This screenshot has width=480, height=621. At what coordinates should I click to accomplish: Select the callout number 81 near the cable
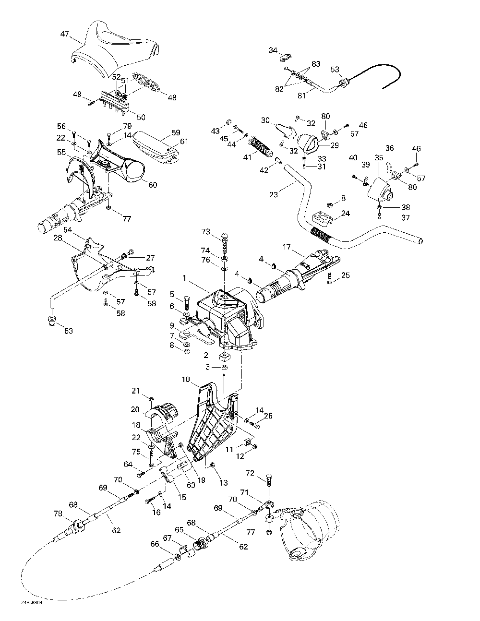point(301,95)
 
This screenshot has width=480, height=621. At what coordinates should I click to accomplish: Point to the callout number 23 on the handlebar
point(274,195)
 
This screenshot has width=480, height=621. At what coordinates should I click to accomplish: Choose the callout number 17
point(287,247)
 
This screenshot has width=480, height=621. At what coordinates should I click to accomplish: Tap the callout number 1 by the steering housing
point(184,277)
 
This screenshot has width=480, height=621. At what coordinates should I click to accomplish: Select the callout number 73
point(205,232)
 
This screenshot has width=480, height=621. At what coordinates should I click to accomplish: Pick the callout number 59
point(162,132)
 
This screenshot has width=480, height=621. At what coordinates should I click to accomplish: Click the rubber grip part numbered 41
point(259,145)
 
